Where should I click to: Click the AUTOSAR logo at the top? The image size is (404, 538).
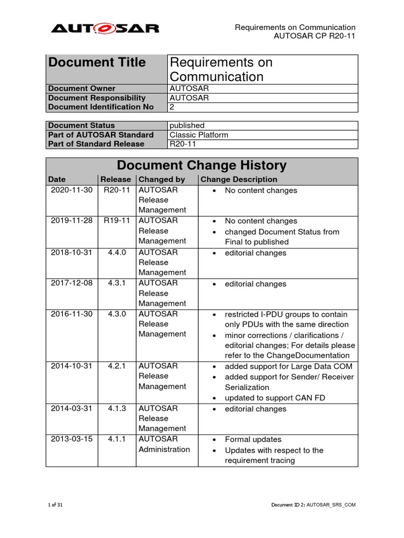[x=105, y=28]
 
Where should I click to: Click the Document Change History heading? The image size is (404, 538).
[x=201, y=165]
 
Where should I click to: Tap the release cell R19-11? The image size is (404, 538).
[x=116, y=221]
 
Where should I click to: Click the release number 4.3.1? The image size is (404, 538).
[x=116, y=283]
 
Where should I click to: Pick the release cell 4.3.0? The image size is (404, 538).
[x=116, y=314]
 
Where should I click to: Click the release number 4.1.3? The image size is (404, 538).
[x=116, y=408]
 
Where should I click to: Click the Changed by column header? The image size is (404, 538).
[x=161, y=179]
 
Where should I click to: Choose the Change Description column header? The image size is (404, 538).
[x=238, y=179]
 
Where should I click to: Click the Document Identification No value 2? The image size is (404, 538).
[x=171, y=107]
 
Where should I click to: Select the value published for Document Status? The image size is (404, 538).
[x=187, y=126]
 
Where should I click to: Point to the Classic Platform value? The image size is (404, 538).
[x=199, y=135]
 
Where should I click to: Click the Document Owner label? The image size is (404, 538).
[x=82, y=88]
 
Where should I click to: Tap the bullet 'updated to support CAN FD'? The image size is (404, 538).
[x=275, y=398]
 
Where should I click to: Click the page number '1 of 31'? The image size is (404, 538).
[x=55, y=505]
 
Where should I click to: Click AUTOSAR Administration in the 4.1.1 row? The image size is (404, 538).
[x=164, y=444]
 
